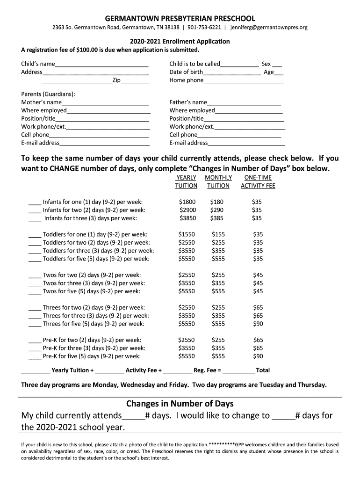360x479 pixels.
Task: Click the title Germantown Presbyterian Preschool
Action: click(x=180, y=19)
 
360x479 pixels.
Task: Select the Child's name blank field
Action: click(x=101, y=65)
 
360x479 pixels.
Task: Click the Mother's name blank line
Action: click(x=105, y=103)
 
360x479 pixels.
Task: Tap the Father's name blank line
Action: click(x=244, y=103)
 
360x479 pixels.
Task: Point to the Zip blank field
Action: click(x=135, y=81)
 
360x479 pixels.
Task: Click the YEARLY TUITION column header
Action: click(x=186, y=181)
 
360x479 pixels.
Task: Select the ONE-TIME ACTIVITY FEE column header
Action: click(x=258, y=181)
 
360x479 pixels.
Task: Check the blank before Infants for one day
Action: click(x=35, y=203)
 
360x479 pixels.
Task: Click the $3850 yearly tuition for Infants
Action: click(x=187, y=218)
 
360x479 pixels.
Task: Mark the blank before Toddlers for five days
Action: click(x=35, y=259)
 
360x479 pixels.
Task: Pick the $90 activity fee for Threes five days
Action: click(x=258, y=324)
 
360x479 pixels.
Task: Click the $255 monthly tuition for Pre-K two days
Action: click(x=218, y=340)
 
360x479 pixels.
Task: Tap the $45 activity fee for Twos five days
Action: click(x=258, y=291)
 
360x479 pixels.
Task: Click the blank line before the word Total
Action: click(x=238, y=371)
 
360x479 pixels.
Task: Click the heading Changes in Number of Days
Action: click(x=180, y=404)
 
